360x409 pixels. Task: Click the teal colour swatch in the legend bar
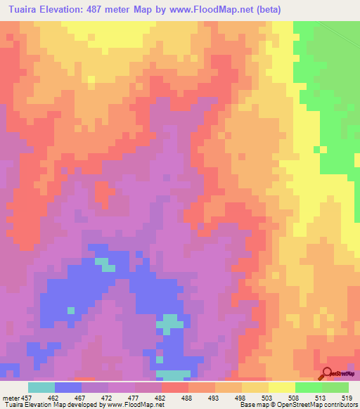[x=41, y=387]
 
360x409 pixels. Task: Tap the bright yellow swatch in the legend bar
[x=281, y=387]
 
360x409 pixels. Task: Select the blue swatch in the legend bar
[x=67, y=387]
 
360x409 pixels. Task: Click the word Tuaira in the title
[x=27, y=10]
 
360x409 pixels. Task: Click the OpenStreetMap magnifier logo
[x=328, y=374]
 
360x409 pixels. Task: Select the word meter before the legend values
[x=11, y=397]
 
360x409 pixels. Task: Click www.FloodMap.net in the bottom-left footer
[x=134, y=405]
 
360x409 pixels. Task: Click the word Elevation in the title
[x=72, y=10]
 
